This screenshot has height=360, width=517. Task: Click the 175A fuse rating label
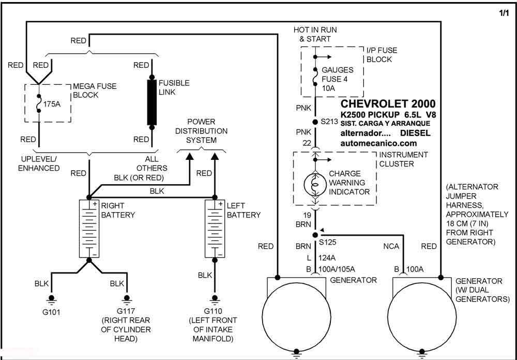pyautogui.click(x=52, y=104)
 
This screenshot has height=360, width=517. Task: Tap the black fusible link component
pyautogui.click(x=151, y=102)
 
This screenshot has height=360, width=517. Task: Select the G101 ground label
pyautogui.click(x=51, y=312)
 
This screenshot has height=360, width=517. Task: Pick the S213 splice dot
pyautogui.click(x=315, y=122)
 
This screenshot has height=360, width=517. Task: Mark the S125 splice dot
pyautogui.click(x=315, y=235)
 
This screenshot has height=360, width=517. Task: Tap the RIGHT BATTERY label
pyautogui.click(x=118, y=210)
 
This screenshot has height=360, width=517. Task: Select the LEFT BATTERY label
pyautogui.click(x=244, y=210)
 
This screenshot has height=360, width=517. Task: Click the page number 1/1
pyautogui.click(x=504, y=13)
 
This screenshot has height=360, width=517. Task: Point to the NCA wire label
pyautogui.click(x=391, y=247)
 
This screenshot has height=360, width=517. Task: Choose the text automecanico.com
pyautogui.click(x=378, y=144)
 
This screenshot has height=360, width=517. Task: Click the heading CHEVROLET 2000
pyautogui.click(x=388, y=103)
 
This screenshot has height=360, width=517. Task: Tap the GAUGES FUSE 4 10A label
pyautogui.click(x=337, y=79)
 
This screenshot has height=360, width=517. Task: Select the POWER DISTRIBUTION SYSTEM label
pyautogui.click(x=201, y=131)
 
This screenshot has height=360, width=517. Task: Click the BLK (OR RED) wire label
pyautogui.click(x=139, y=178)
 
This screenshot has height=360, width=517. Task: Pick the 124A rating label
pyautogui.click(x=327, y=258)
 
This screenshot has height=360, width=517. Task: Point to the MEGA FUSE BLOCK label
pyautogui.click(x=95, y=91)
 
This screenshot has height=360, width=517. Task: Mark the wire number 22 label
pyautogui.click(x=307, y=143)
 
